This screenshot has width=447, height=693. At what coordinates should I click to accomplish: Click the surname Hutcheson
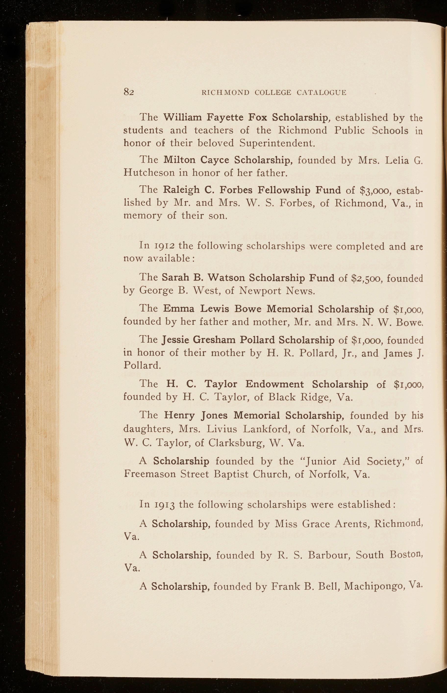point(149,173)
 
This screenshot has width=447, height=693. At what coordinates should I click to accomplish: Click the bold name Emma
point(178,309)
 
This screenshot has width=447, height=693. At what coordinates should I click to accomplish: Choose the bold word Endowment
point(274,384)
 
